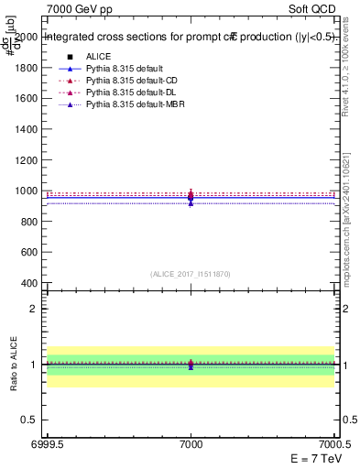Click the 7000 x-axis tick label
[191, 443]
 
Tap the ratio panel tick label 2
[31, 309]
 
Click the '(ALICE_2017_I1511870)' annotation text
[191, 274]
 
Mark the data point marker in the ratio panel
[191, 365]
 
